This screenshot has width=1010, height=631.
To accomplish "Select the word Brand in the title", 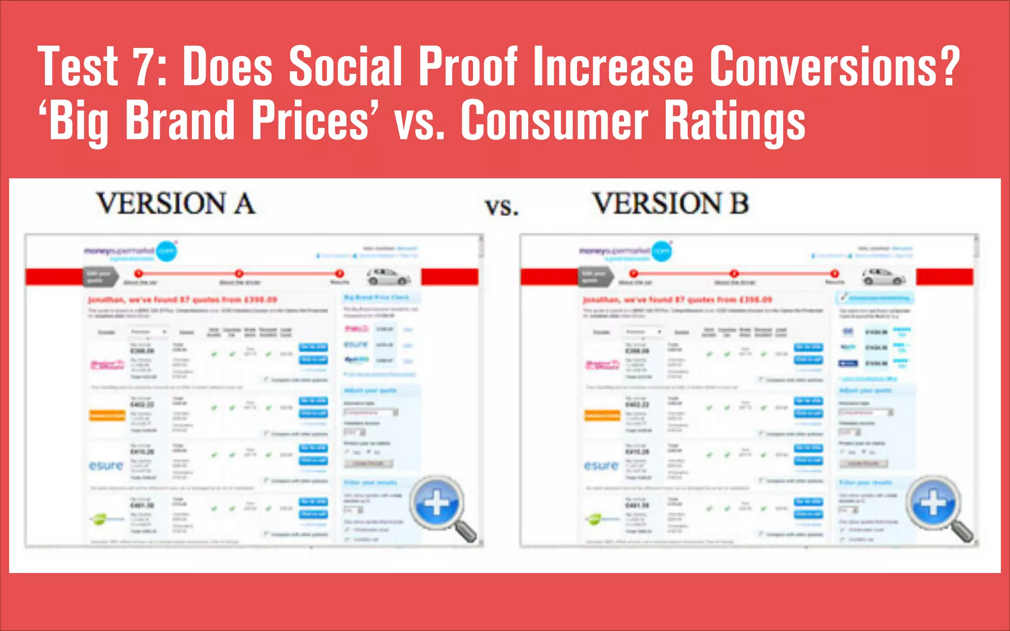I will tap(180, 120).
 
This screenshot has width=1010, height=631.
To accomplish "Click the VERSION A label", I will tap(176, 204).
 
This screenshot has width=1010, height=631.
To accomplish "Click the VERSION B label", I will tap(671, 204).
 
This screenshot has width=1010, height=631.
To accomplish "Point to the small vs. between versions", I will tap(502, 207).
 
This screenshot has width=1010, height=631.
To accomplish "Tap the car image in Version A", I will tap(389, 277).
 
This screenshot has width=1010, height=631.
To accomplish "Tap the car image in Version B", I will tap(884, 277).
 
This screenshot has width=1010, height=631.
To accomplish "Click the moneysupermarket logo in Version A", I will tap(131, 251).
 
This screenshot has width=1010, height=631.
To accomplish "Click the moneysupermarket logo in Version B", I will tap(626, 251).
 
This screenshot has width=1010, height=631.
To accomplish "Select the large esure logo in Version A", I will tap(106, 465).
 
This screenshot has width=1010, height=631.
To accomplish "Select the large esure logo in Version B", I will tap(601, 465).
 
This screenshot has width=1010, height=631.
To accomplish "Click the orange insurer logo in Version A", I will tap(107, 416).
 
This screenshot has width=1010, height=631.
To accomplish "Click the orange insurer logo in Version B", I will tap(602, 416).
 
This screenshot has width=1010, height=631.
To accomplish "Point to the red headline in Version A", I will tap(182, 299).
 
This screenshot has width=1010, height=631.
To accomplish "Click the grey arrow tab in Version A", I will tap(101, 277).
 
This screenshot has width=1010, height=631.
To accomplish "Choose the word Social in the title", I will tap(345, 66).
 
